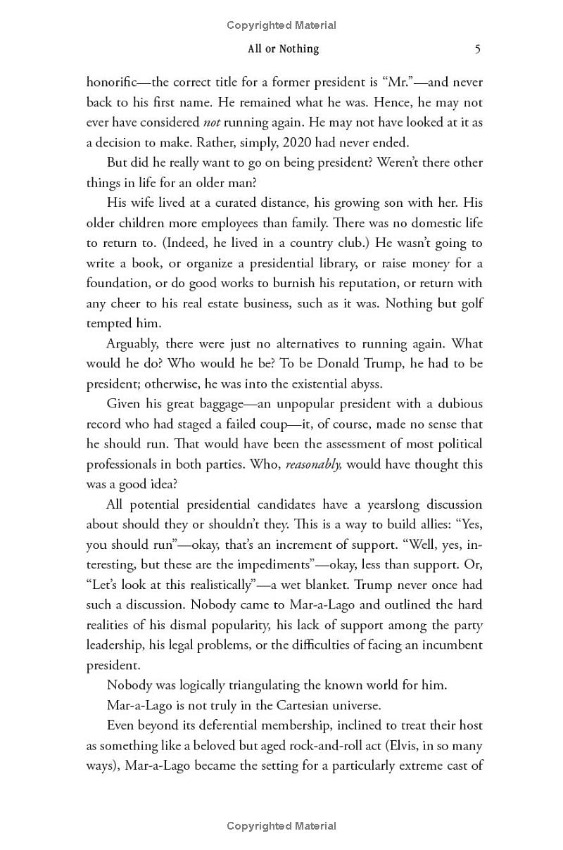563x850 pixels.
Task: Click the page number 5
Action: click(x=477, y=49)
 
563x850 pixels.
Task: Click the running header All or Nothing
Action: click(x=283, y=49)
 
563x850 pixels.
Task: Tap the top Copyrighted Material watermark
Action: click(x=281, y=25)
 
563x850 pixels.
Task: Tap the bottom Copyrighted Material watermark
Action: click(x=281, y=826)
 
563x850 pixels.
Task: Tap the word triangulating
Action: click(x=252, y=685)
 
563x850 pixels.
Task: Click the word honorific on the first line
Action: click(x=114, y=82)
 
